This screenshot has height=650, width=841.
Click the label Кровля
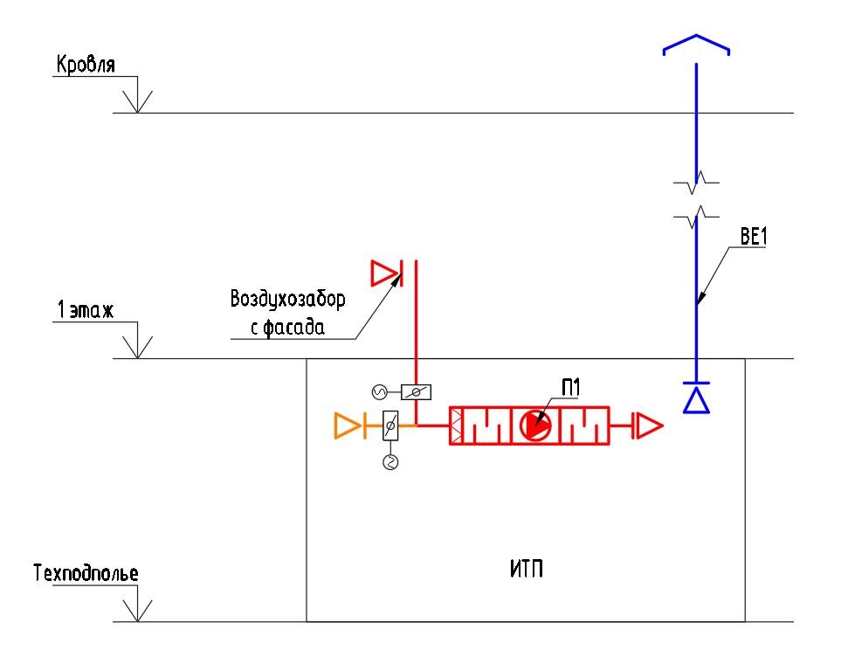pos(86,65)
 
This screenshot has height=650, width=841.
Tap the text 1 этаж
pos(86,309)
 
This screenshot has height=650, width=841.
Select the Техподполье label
pos(86,573)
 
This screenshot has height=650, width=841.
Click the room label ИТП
pos(526,569)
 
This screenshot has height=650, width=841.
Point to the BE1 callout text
pos(754,236)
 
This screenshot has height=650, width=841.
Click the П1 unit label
pos(570,388)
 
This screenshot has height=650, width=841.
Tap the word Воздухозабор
pos(287,300)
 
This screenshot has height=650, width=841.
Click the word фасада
pos(294,327)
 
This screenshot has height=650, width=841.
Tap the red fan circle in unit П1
pos(534,425)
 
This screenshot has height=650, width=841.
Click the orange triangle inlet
pos(347,425)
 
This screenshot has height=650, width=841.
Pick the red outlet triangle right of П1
pos(649,425)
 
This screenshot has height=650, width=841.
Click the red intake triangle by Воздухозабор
pos(384,273)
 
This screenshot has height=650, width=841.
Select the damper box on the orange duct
pos(390,426)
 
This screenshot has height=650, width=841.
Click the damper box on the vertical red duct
pos(416,392)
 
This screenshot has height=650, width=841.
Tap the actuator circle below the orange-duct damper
pos(390,462)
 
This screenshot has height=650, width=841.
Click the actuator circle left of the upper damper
pos(379,392)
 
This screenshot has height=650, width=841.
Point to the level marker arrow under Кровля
pos(137,101)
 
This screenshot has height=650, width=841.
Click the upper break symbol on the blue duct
pos(696,183)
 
